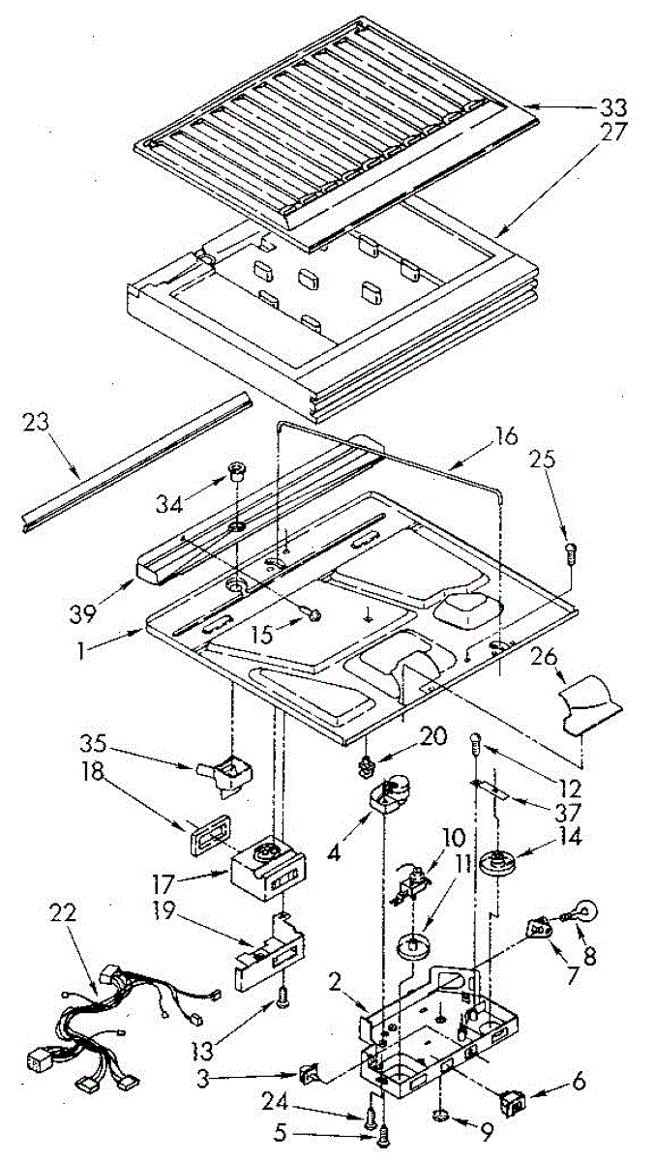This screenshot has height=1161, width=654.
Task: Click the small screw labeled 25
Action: click(x=570, y=553)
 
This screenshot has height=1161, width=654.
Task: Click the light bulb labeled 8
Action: click(x=584, y=911)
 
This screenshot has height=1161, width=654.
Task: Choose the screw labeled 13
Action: click(x=281, y=1001)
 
